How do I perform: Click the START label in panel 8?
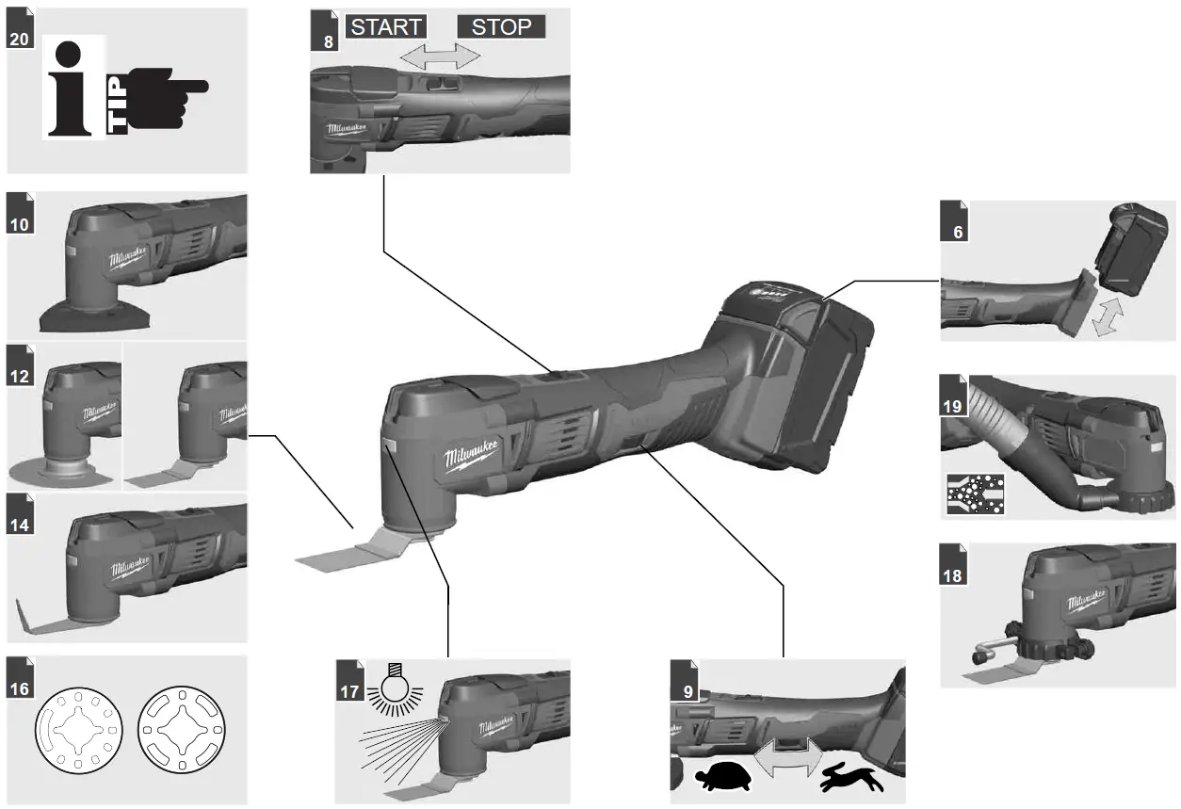pos(386,26)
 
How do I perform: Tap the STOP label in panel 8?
pos(501,26)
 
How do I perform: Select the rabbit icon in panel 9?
pos(851,778)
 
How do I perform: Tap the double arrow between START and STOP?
pos(440,57)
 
